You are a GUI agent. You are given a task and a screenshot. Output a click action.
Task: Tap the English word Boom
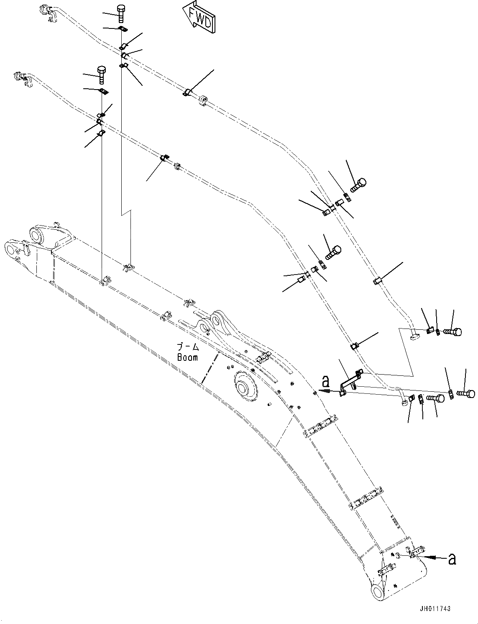point(187,358)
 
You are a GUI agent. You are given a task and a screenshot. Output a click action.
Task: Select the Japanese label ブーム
point(187,347)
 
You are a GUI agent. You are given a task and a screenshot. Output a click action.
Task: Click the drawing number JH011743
point(436,609)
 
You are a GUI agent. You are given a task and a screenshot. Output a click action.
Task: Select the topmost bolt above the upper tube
point(121,13)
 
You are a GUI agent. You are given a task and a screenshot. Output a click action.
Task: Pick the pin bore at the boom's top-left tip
point(9,249)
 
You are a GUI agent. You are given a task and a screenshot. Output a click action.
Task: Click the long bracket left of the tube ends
point(350,381)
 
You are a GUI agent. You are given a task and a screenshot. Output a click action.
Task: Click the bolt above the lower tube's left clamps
point(102,73)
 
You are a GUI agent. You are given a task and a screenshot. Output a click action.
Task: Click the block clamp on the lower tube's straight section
point(176,167)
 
